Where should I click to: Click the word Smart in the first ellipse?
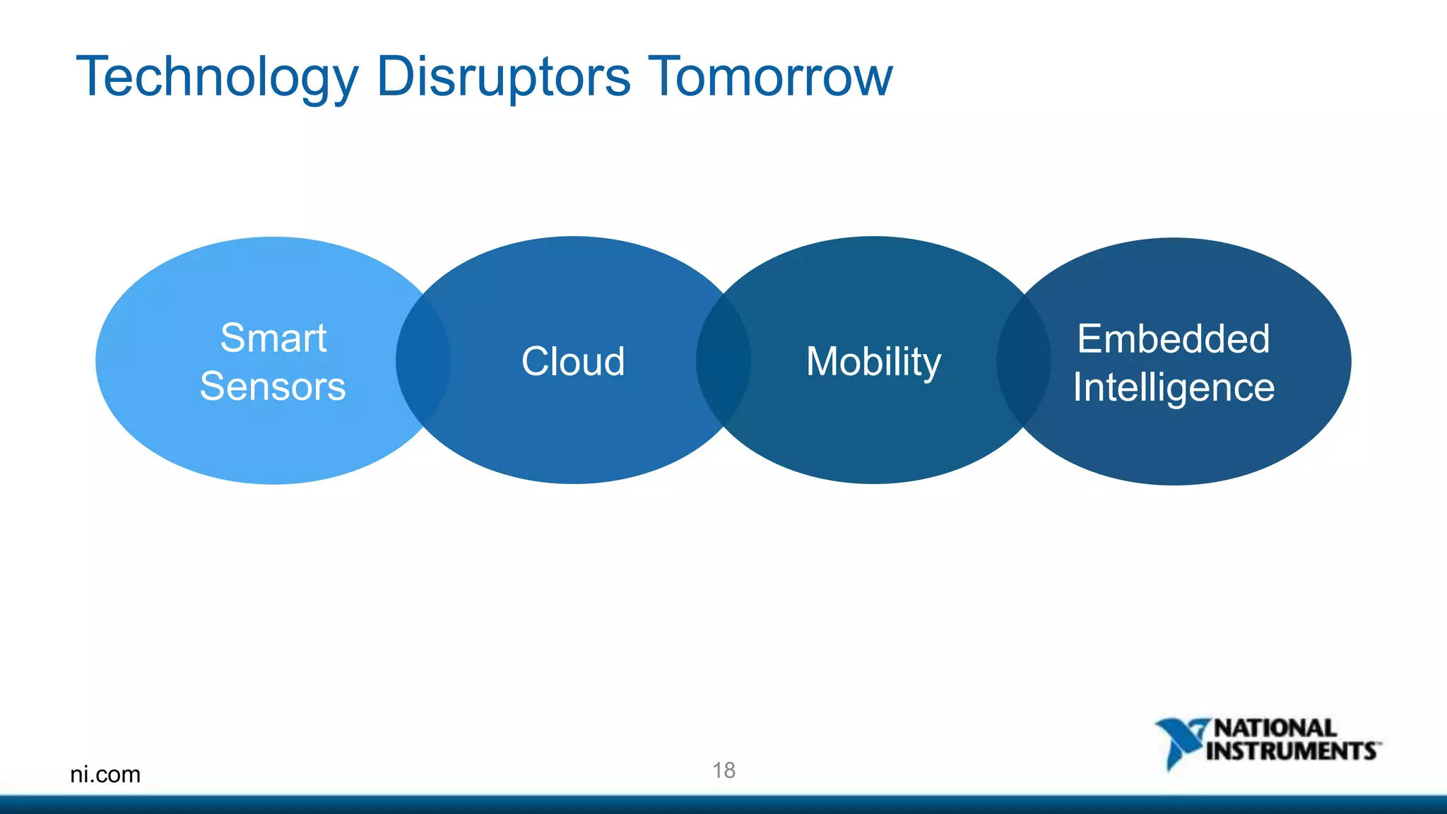[273, 338]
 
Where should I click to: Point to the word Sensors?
[273, 386]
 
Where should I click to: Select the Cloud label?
[573, 361]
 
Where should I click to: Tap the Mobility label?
[873, 361]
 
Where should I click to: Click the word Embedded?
[1174, 338]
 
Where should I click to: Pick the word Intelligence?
[1174, 387]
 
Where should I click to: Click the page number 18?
[723, 770]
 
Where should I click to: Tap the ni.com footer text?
[105, 774]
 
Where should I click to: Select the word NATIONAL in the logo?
[1275, 728]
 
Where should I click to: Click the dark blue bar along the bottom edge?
[723, 805]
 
